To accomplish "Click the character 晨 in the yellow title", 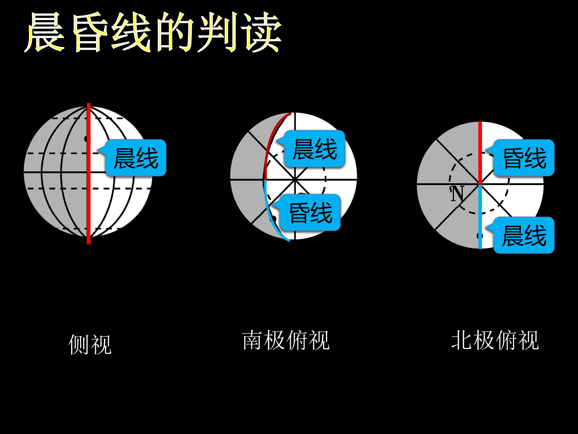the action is tap(45, 32).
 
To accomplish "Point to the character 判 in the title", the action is tap(218, 32).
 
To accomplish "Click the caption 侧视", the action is tap(90, 345).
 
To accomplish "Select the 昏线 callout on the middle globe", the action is tap(307, 212).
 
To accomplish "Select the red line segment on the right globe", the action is tap(480, 153).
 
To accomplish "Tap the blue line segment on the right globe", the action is tap(480, 217).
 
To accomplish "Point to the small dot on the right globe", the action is tap(479, 236).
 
